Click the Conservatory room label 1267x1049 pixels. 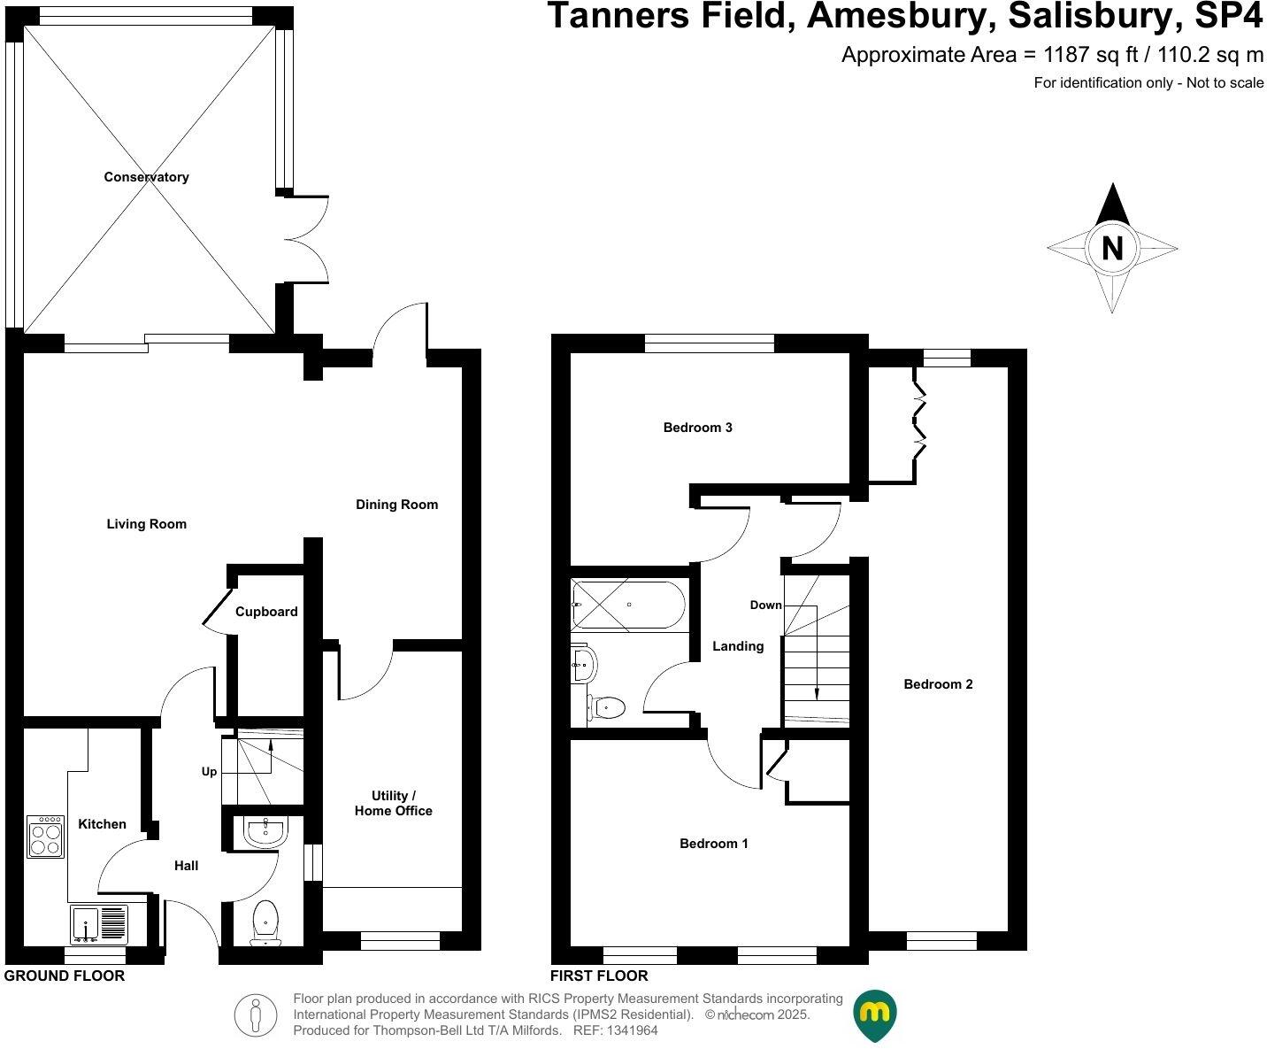[x=146, y=177]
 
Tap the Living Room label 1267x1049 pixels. [x=146, y=524]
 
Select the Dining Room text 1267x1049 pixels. [x=396, y=505]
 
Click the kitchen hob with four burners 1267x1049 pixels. [x=45, y=837]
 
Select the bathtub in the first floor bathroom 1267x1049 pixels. [x=628, y=604]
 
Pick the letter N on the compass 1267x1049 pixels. [x=1112, y=248]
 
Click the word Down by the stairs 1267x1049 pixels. [x=765, y=605]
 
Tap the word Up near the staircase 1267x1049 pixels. [x=209, y=771]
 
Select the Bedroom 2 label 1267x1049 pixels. [x=938, y=684]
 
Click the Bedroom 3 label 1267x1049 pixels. [x=697, y=428]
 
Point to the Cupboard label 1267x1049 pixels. [x=266, y=612]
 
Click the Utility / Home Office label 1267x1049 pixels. [x=393, y=803]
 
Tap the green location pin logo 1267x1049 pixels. [x=874, y=1014]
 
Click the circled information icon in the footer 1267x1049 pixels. [x=256, y=1014]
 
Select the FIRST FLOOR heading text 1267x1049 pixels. [x=599, y=976]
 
